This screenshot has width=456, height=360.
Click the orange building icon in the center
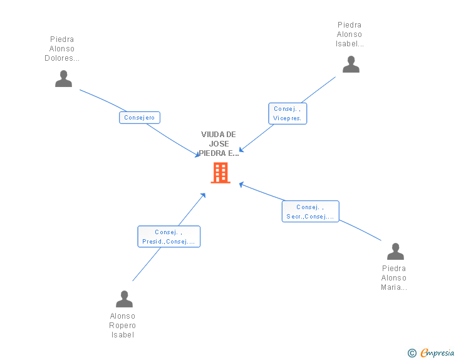tap(220, 173)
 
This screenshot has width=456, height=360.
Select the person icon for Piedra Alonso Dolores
tap(63, 79)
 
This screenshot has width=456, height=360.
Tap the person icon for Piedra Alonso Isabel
tap(351, 64)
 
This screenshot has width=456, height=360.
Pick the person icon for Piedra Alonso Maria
tap(395, 252)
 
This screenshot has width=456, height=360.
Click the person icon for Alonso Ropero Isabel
tap(124, 299)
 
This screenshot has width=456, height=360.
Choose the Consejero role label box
tap(140, 118)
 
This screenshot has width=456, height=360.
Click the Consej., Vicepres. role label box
tap(288, 113)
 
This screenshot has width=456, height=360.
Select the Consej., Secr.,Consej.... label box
tap(310, 212)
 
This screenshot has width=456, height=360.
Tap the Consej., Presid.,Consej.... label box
tap(168, 237)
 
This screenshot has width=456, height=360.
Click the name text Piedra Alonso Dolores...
tap(62, 49)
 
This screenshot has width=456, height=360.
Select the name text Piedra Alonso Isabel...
tap(350, 34)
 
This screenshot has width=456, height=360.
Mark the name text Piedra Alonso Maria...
tap(394, 278)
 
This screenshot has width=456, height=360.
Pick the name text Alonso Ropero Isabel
tap(123, 326)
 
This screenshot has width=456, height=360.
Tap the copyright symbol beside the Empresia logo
tap(412, 353)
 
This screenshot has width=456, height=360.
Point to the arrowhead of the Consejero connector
tap(198, 155)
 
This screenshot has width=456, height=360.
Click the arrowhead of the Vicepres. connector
tap(241, 150)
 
